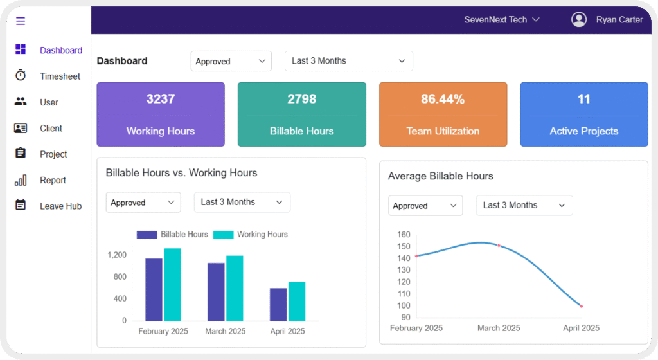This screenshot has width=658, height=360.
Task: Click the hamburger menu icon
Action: point(21,21)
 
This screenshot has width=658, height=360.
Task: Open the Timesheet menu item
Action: point(60,76)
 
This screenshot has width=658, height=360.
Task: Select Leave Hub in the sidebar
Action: point(60,206)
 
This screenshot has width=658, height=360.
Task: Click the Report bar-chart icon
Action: point(21,180)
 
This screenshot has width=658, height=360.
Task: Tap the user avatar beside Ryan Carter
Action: point(579,19)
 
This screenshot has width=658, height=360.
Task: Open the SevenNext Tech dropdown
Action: point(501,20)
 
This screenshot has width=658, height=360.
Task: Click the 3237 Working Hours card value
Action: point(161,99)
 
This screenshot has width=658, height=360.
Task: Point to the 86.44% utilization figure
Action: point(443,99)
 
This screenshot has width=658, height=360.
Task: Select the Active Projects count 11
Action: point(583,99)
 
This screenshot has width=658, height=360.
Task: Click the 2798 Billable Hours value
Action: point(302,99)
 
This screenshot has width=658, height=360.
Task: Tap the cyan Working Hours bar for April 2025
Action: point(297,301)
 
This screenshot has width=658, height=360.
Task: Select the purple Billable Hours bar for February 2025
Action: point(154,289)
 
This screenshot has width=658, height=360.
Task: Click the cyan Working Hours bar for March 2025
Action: point(235,288)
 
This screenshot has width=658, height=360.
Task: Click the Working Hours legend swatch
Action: point(223,235)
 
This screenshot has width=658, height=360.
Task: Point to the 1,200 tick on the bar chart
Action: point(117,255)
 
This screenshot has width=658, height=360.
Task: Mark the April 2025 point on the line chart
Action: point(581,306)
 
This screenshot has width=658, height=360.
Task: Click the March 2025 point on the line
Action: point(499,246)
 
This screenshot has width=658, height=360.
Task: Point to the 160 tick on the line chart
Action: point(404,235)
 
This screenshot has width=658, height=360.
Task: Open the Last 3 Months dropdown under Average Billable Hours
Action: point(524,205)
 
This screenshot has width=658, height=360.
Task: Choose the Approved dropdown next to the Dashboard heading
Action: point(231,61)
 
